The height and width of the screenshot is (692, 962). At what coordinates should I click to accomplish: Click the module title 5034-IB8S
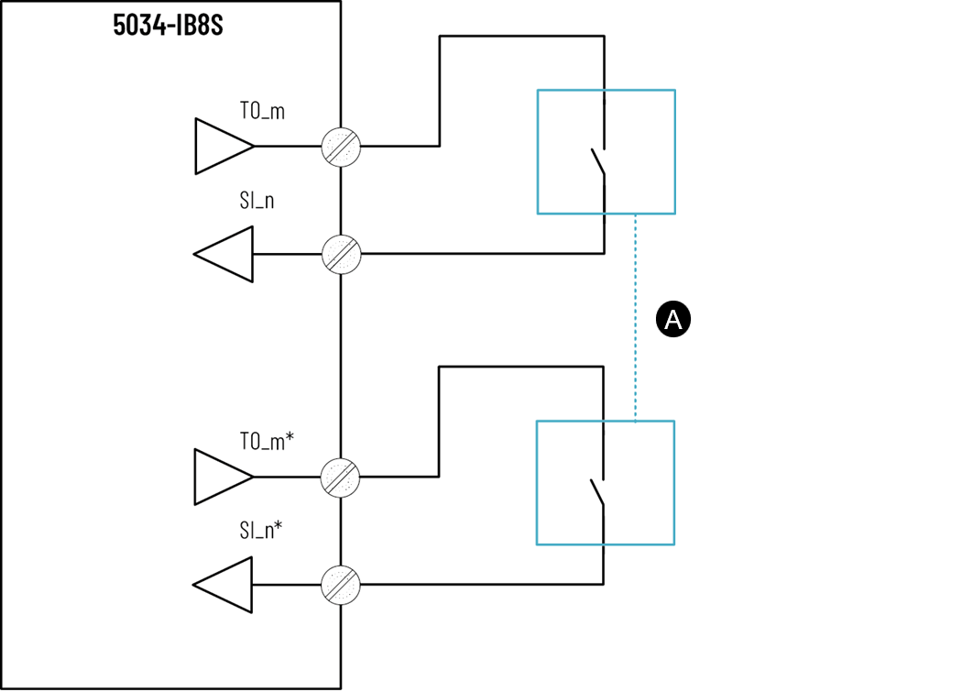point(169,24)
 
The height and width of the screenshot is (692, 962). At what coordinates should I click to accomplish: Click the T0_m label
point(262,112)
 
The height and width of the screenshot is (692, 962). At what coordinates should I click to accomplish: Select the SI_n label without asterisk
point(257,201)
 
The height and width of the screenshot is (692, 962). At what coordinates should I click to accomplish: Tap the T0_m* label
point(267,442)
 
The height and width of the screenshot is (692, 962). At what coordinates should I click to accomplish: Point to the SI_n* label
point(260,530)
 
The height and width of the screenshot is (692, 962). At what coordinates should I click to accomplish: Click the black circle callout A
point(673,320)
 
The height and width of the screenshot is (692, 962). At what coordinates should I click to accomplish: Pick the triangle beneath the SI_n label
point(225,254)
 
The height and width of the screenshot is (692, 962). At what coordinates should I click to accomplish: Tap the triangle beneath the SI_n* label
point(225,584)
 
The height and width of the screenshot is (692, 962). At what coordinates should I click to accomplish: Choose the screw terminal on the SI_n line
point(341,254)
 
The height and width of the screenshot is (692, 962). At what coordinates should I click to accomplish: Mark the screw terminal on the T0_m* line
point(341,477)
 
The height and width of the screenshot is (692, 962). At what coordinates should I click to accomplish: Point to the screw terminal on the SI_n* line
point(341,584)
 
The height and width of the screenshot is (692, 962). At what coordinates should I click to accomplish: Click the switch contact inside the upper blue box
point(598,162)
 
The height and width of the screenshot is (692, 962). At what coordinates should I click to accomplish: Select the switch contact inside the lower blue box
point(598,492)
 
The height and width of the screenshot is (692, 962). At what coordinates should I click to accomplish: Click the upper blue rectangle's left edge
point(538,151)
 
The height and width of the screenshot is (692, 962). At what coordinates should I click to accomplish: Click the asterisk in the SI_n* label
point(278,526)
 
